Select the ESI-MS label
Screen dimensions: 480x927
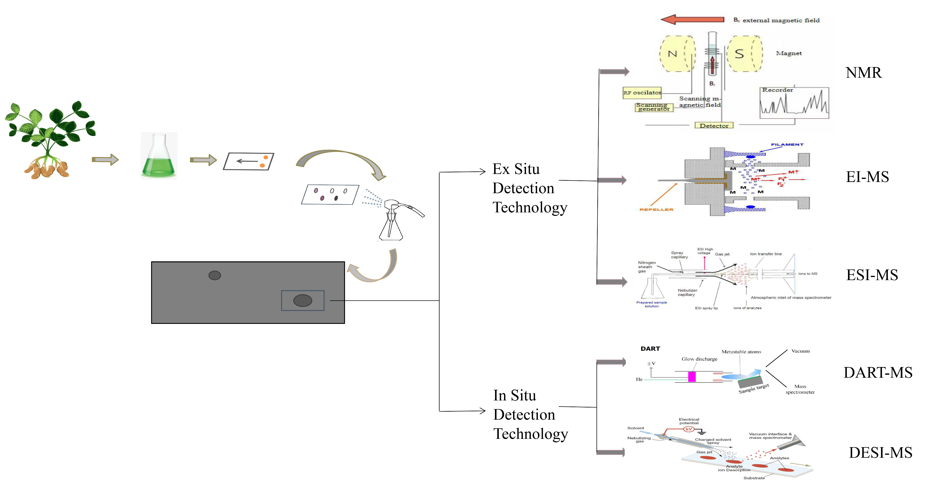[872, 275]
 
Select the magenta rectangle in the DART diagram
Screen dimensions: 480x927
[692, 377]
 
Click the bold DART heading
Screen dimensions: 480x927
[650, 349]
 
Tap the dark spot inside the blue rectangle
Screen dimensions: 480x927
[303, 300]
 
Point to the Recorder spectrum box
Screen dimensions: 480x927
[794, 103]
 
